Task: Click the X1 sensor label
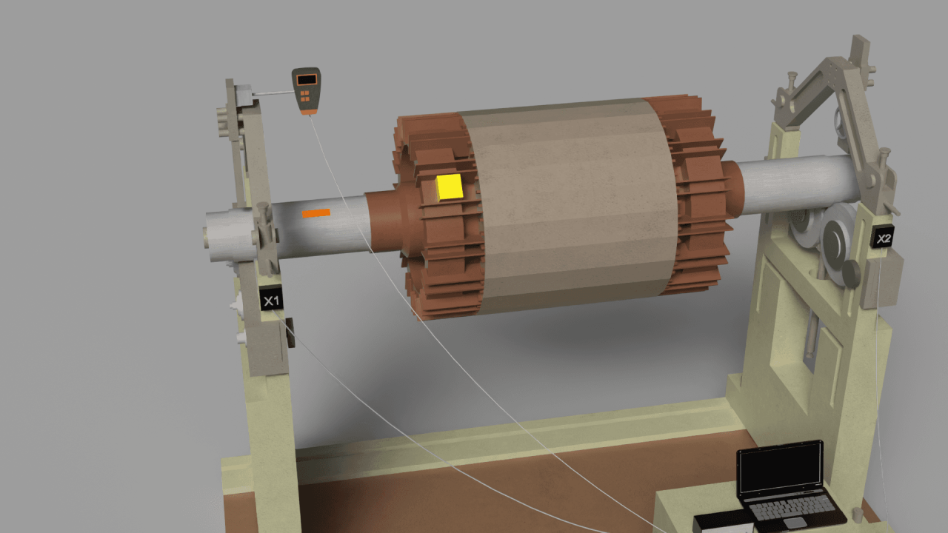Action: [x=271, y=300]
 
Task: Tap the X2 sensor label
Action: [x=883, y=238]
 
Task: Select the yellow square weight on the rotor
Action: [x=450, y=187]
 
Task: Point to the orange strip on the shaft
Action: [x=316, y=212]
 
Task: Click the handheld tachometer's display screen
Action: [x=307, y=79]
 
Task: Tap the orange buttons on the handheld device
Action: [x=304, y=96]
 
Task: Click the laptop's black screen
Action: [x=780, y=469]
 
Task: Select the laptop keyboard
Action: [x=790, y=507]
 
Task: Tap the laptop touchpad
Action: [x=795, y=523]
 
